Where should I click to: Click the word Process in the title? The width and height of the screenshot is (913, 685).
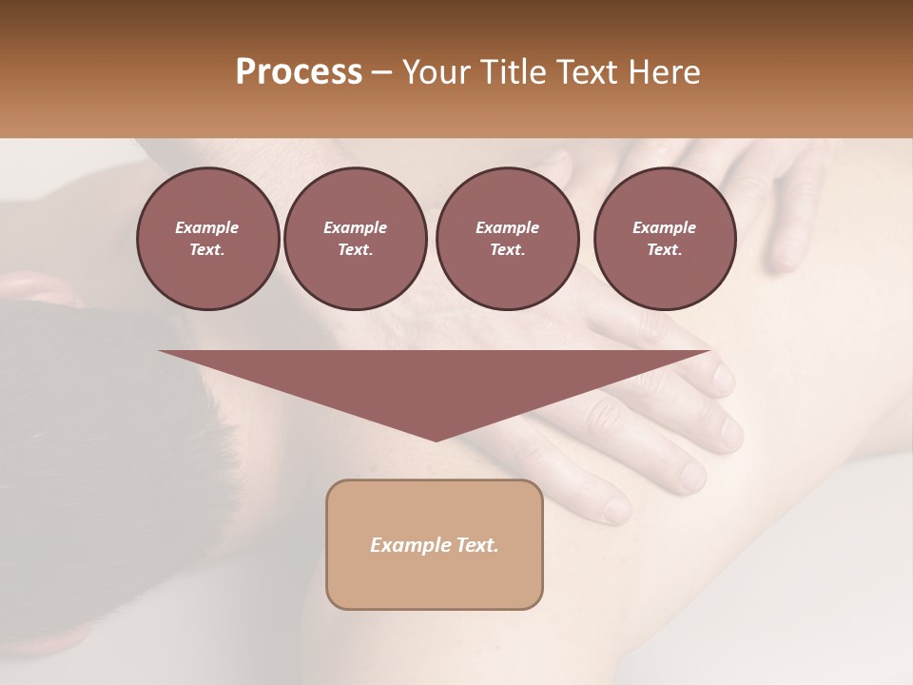299,72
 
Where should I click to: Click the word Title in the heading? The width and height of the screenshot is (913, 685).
510,72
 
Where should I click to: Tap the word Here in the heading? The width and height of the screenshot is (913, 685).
663,72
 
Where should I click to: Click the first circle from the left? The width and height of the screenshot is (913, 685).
207,238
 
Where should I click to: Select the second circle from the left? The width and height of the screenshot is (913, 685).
355,238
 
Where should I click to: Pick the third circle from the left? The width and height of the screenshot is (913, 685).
507,238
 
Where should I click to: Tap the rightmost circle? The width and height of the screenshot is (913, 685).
664,238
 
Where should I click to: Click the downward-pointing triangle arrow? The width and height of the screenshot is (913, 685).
435,381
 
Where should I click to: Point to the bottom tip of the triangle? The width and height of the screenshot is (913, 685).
435,440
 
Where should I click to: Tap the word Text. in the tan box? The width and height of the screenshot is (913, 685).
476,545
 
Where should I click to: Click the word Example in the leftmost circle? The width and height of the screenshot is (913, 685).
207,227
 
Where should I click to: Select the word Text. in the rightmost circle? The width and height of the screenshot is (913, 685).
664,249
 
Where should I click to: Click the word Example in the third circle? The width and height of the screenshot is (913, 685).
507,227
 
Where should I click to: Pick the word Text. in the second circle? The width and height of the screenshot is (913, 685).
355,249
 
